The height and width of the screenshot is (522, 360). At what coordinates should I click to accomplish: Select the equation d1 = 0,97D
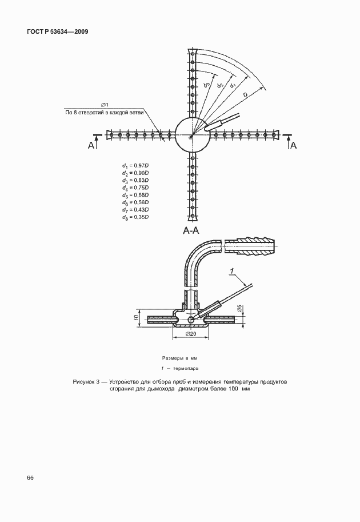pyautogui.click(x=135, y=166)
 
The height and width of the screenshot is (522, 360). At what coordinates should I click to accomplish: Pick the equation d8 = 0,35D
pyautogui.click(x=135, y=218)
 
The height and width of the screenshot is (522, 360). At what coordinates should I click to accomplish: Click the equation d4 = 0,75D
pyautogui.click(x=135, y=188)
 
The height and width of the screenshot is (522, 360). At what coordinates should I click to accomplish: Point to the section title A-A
pyautogui.click(x=191, y=231)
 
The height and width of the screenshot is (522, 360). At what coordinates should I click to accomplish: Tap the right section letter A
pyautogui.click(x=294, y=146)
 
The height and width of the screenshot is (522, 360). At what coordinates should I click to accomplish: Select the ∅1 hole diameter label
pyautogui.click(x=105, y=105)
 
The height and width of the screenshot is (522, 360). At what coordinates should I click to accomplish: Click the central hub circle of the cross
pyautogui.click(x=191, y=135)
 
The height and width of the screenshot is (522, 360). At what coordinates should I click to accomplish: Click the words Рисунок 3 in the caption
pyautogui.click(x=87, y=381)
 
